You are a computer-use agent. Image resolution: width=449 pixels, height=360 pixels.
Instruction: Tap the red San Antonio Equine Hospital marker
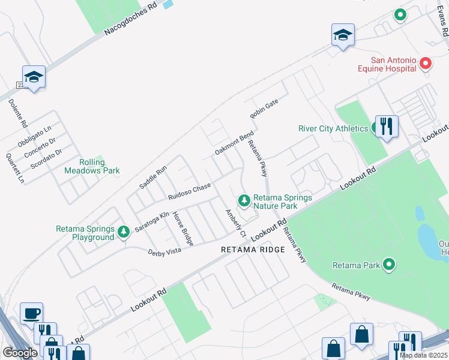click(x=426, y=64)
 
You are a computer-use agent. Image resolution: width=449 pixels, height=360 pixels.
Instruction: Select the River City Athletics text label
click(x=333, y=128)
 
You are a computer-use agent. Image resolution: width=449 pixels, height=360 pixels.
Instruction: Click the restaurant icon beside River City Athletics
click(x=387, y=126)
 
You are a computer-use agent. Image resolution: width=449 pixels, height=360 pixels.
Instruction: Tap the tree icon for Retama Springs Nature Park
click(x=244, y=200)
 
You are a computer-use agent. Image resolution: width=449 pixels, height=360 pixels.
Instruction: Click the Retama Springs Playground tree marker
click(x=124, y=232)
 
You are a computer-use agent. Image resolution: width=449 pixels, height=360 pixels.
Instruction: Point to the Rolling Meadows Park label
click(x=92, y=167)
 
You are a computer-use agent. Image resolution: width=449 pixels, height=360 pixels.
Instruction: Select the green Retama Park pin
click(x=389, y=265)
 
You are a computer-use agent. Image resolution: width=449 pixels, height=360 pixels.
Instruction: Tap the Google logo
click(x=20, y=353)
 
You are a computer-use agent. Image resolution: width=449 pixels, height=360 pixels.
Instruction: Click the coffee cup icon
click(x=31, y=313)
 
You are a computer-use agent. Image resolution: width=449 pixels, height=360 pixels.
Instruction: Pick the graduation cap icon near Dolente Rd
click(x=34, y=76)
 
